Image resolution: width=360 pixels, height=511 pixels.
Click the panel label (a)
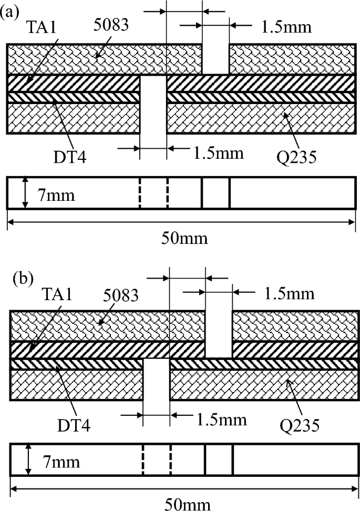tap(11, 12)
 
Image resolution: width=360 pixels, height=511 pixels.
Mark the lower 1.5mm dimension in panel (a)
tap(218, 154)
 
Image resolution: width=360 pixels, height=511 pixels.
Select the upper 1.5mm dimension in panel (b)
tap(290, 293)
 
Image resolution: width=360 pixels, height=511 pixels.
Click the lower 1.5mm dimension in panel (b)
tap(221, 419)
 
